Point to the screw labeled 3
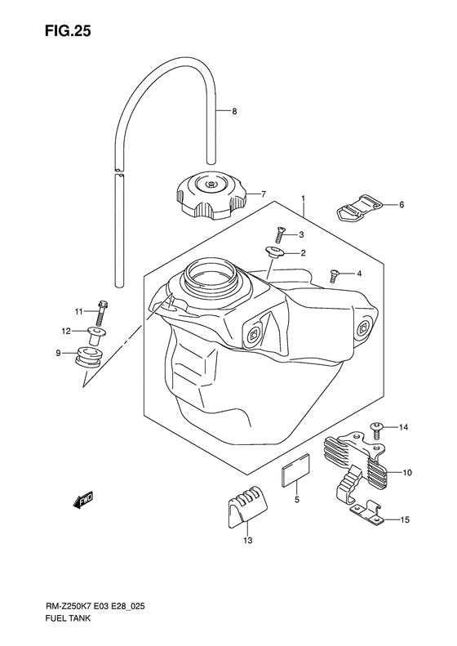pos(280,234)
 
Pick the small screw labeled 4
pos(334,276)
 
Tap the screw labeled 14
pos(377,427)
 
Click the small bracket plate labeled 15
pos(367,515)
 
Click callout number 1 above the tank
pos(302,198)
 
